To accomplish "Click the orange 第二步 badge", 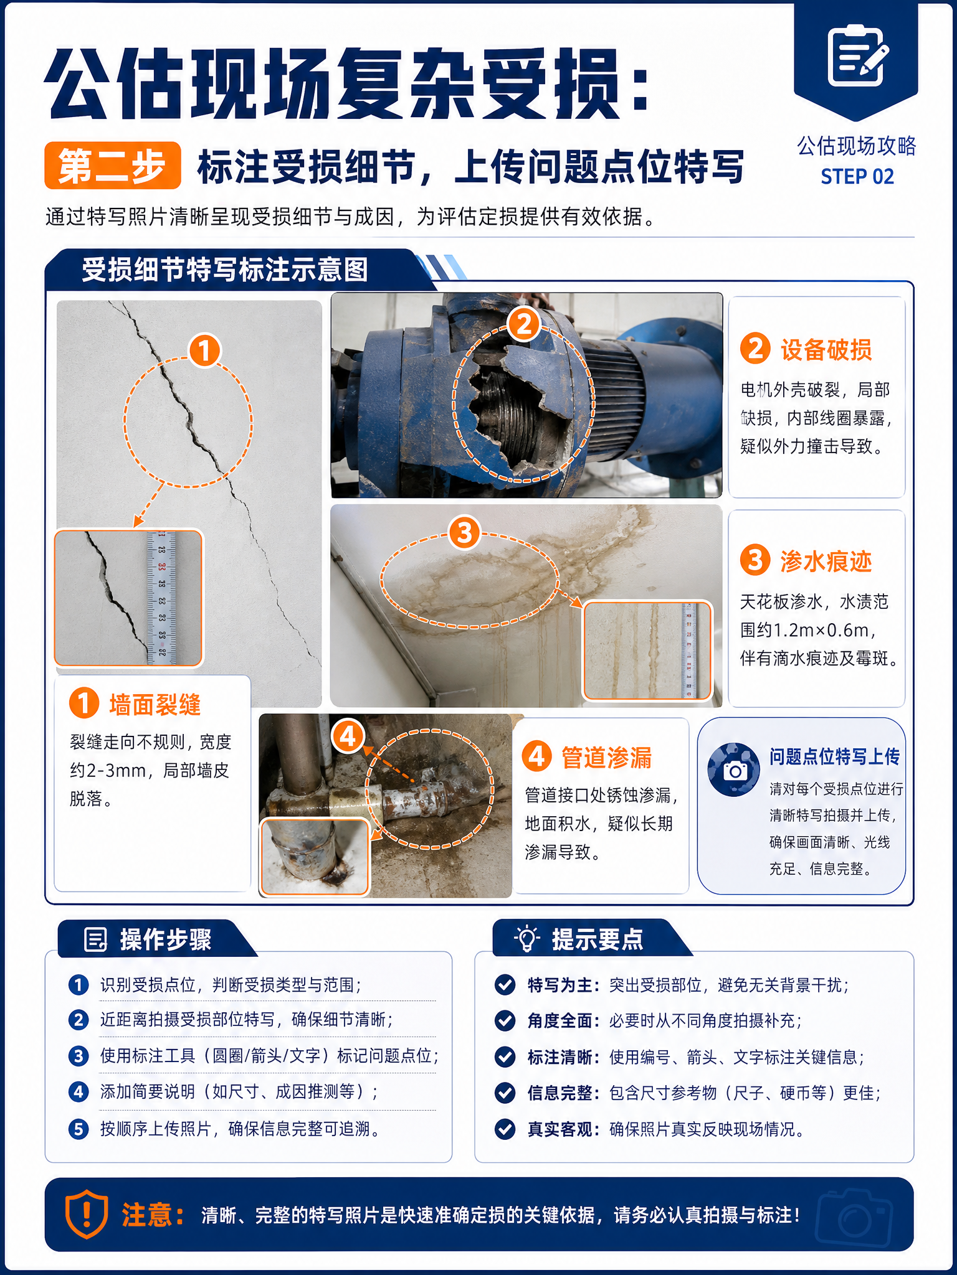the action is (113, 166).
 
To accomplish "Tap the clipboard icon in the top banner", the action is (857, 55).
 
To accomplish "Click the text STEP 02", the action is (857, 177).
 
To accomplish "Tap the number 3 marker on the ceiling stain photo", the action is (465, 533).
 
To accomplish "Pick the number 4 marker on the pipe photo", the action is (348, 736).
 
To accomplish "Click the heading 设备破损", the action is (826, 350).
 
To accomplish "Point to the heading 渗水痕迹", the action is (826, 561).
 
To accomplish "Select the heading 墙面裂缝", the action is (155, 704).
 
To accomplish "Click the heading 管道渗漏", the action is (607, 758).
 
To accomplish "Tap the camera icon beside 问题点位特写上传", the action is (734, 769).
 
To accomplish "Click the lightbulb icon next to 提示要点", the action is (526, 938).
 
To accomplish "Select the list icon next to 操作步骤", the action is (95, 939).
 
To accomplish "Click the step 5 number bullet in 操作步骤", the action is (79, 1129).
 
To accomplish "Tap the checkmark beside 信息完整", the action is (505, 1093).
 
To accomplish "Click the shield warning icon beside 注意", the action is (87, 1214).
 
